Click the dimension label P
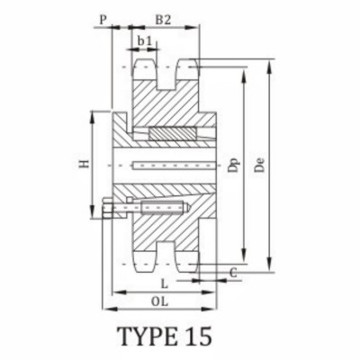point(104,17)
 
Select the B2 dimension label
point(164,17)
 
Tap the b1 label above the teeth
point(144,40)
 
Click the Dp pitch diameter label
point(233,166)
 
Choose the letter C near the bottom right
point(233,271)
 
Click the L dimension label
point(176,282)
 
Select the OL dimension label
point(161,300)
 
